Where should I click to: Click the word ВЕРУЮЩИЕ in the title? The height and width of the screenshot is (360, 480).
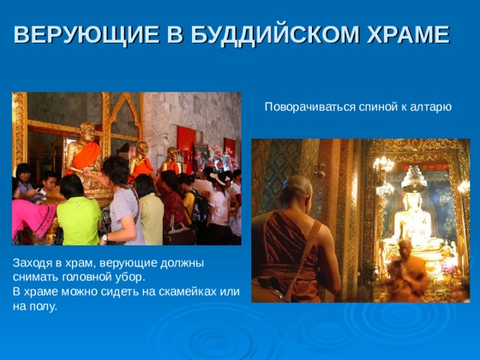[86, 34]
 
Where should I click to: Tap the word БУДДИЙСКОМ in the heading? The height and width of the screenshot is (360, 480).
[274, 34]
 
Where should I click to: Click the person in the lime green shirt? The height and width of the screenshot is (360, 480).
[78, 211]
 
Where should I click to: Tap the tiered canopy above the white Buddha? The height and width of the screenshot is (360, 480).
[414, 179]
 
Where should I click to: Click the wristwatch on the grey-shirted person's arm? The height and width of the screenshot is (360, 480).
[105, 238]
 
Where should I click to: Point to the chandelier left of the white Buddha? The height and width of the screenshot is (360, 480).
[384, 177]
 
